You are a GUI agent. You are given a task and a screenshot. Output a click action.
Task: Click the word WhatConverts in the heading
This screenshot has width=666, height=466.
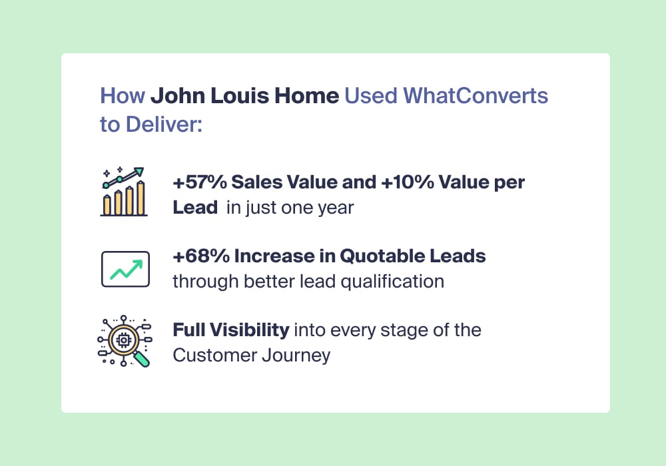[x=476, y=95]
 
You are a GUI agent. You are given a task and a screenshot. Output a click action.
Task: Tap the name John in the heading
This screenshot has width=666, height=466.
[x=178, y=95]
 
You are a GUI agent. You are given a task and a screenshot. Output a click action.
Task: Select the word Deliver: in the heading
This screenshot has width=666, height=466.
[x=164, y=124]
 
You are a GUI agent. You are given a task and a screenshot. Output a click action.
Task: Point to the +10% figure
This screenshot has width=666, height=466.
[x=408, y=182]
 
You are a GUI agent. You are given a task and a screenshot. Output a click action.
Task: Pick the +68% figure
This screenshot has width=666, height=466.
[x=201, y=256]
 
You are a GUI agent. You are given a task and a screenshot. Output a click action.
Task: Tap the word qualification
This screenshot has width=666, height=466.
[x=392, y=282]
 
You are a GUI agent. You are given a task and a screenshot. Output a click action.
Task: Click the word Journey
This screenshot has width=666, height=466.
[x=296, y=355]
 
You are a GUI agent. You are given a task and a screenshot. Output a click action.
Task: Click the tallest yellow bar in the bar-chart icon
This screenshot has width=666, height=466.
[x=141, y=198]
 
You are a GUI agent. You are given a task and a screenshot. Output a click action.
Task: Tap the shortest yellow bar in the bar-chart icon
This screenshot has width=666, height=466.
[x=107, y=205]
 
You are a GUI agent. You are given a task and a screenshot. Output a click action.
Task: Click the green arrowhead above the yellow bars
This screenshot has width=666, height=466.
[x=139, y=172]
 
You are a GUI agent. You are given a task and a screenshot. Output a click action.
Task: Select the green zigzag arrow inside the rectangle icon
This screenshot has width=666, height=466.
[x=126, y=270]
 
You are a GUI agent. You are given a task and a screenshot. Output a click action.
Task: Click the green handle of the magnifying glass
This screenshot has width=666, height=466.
[x=142, y=359]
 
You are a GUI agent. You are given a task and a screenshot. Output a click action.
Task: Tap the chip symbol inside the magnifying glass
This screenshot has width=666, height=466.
[x=124, y=340]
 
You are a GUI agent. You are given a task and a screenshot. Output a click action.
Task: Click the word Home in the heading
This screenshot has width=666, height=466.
[x=306, y=95]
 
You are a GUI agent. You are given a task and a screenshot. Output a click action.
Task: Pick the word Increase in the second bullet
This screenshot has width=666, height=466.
[x=276, y=256]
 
